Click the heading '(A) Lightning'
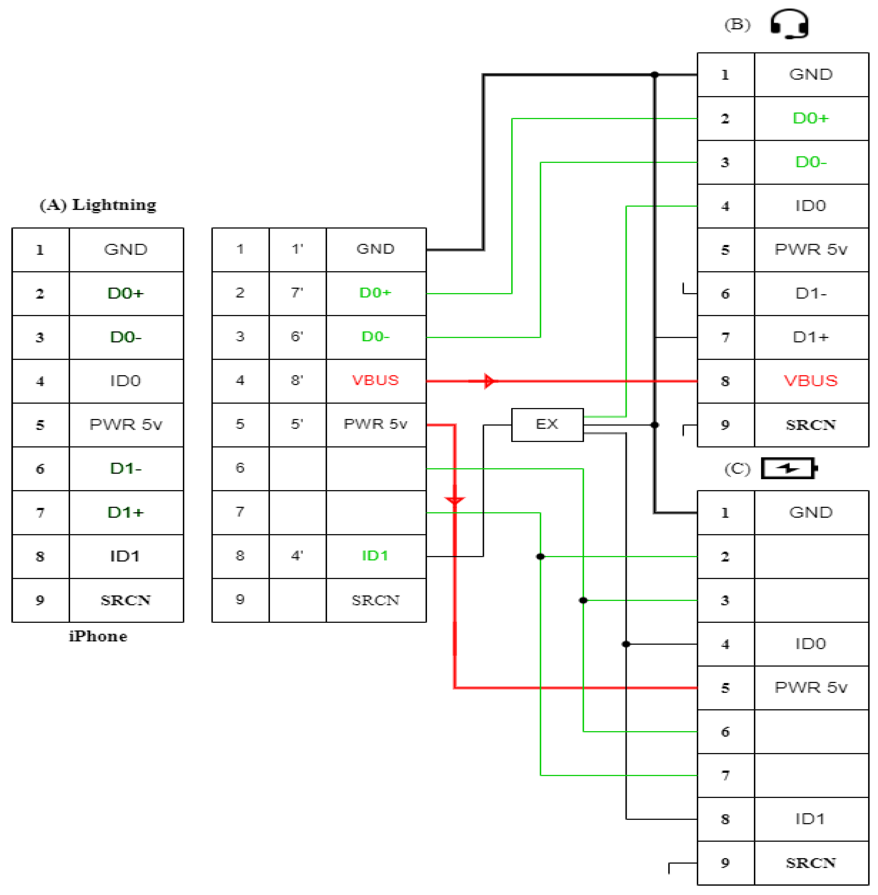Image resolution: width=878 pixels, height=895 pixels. [x=98, y=204]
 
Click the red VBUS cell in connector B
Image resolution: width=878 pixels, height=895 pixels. [x=811, y=381]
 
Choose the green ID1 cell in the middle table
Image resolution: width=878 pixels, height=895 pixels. [x=375, y=556]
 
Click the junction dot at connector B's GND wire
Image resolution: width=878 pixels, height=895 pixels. [x=654, y=74]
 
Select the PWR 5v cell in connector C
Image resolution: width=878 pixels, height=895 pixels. [x=811, y=687]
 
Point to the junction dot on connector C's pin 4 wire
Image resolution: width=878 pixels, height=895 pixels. [x=626, y=644]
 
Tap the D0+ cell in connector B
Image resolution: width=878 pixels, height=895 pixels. [x=811, y=118]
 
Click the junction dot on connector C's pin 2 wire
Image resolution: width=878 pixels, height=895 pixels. [x=540, y=556]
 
